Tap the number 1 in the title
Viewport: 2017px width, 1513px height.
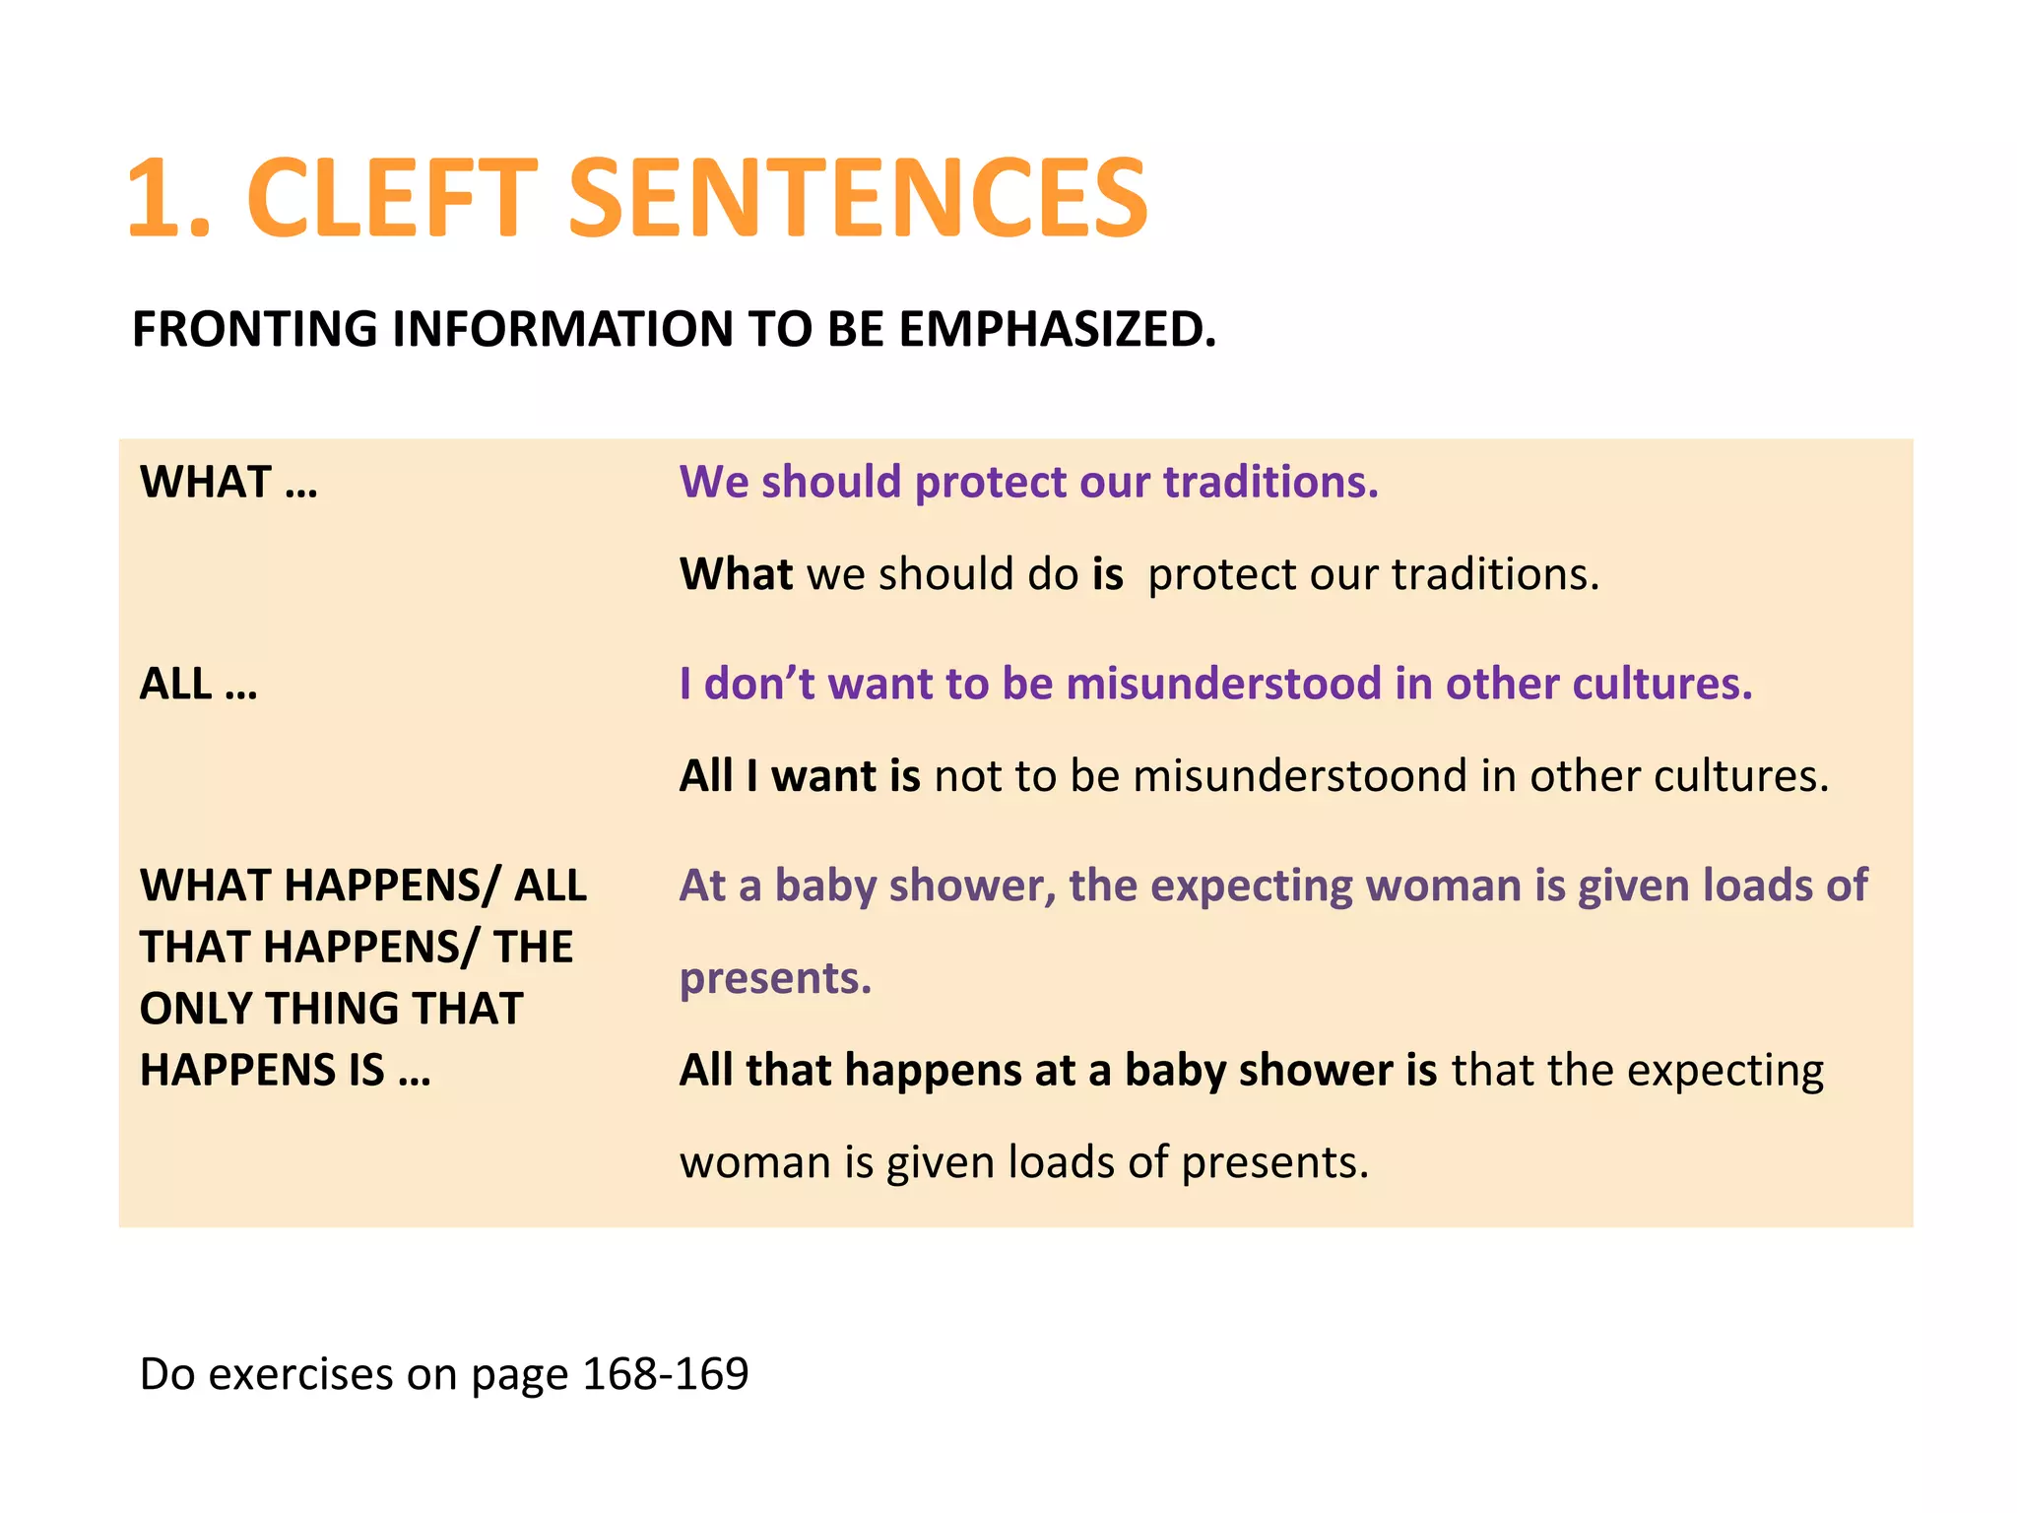[x=158, y=199]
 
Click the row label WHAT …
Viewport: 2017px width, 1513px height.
[x=228, y=482]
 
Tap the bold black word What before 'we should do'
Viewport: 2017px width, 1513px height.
[x=736, y=573]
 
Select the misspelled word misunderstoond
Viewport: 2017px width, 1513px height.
[x=1300, y=776]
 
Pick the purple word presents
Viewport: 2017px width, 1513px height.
[x=775, y=978]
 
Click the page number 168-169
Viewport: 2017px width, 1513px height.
[x=666, y=1373]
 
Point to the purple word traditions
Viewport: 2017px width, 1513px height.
[x=1270, y=482]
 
